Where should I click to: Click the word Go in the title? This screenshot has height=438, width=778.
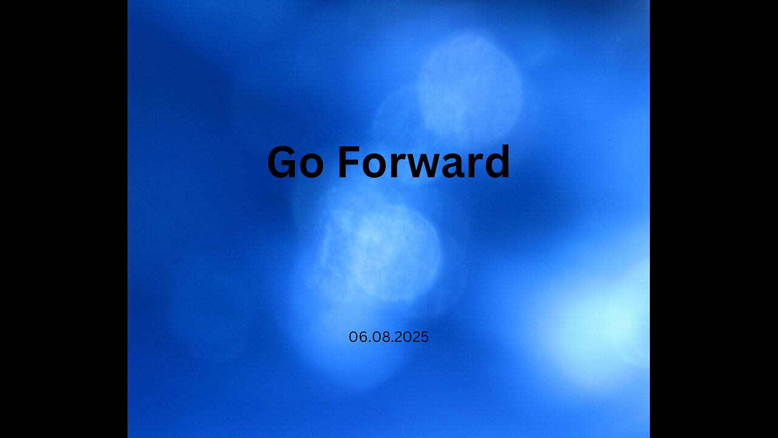click(295, 163)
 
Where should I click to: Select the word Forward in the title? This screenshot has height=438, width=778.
click(424, 163)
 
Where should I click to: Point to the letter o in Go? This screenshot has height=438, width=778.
click(311, 166)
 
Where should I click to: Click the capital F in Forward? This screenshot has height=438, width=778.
click(347, 163)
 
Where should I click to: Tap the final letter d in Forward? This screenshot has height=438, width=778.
click(497, 163)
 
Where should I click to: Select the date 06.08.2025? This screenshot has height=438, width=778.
click(388, 337)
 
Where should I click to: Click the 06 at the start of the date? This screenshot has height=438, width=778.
click(357, 337)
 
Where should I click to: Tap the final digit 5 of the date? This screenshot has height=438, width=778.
click(425, 337)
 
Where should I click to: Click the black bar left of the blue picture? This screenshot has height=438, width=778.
click(64, 219)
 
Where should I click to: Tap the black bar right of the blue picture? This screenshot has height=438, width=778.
click(714, 219)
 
